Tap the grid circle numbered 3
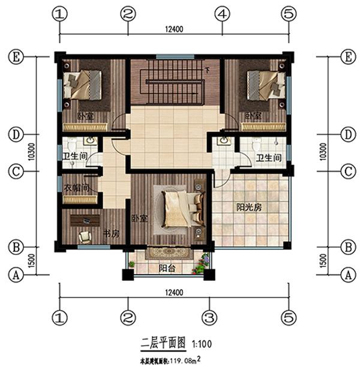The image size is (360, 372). [x=208, y=316]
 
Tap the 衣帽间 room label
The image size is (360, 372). [x=76, y=187]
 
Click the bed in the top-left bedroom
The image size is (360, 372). [x=83, y=85]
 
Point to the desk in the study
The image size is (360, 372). [x=85, y=220]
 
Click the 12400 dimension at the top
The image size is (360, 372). [x=173, y=28]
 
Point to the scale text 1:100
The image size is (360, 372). [x=201, y=344]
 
